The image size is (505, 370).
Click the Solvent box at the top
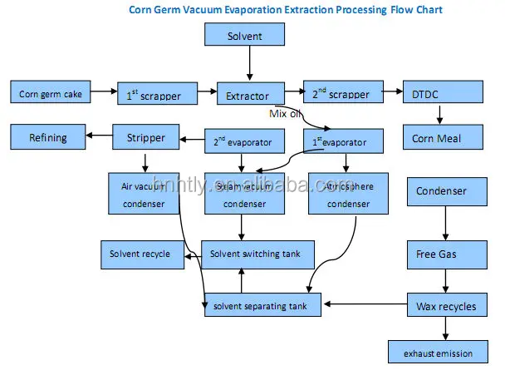coord(246,36)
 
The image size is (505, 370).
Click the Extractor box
coord(248,95)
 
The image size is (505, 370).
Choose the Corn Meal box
coord(437,138)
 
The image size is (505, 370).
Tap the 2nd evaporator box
coord(239,141)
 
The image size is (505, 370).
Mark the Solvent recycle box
coord(140,254)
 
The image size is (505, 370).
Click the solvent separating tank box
coord(261,306)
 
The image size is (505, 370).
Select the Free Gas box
coord(437,254)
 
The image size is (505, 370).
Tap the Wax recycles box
coord(447,306)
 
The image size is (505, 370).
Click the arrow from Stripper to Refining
coord(103,136)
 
